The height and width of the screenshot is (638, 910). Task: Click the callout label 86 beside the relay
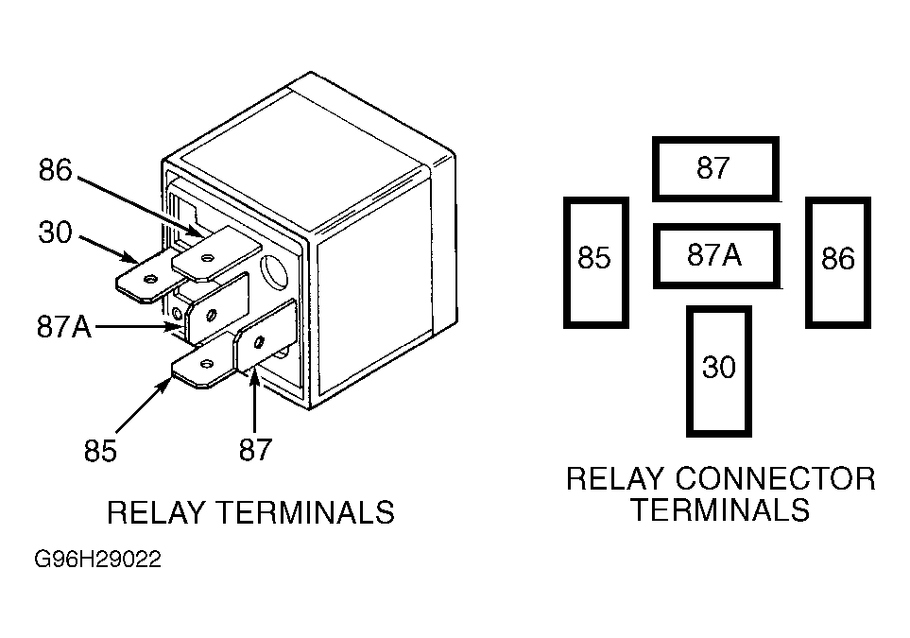tap(55, 169)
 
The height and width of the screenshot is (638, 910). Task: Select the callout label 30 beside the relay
tap(55, 233)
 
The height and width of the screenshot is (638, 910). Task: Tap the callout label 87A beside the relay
tap(64, 326)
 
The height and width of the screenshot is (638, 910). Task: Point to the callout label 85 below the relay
tap(100, 451)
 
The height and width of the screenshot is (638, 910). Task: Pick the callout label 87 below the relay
tap(255, 449)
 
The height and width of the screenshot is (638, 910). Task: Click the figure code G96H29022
tap(97, 560)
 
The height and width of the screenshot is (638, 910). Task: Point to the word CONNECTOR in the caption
tap(776, 479)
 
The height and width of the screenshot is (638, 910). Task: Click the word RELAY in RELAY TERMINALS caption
tap(156, 512)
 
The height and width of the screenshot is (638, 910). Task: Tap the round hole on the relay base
tap(274, 271)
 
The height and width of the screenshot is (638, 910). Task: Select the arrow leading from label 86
tap(141, 207)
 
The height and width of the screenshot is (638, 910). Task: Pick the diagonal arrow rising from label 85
tap(144, 405)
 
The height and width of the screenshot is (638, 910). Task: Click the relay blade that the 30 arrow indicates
tap(148, 278)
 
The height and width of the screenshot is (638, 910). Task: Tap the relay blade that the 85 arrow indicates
tap(203, 365)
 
